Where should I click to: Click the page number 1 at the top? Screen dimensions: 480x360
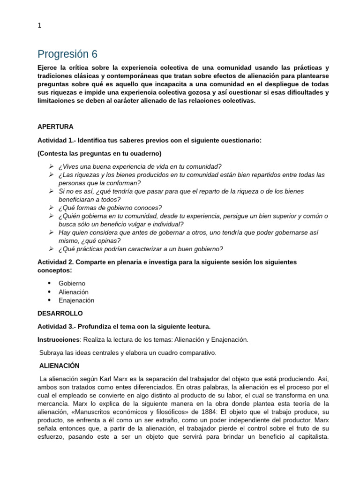39,26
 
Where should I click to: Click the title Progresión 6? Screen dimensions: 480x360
67,53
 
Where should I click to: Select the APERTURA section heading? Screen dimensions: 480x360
55,127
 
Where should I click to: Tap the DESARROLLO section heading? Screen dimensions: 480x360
60,313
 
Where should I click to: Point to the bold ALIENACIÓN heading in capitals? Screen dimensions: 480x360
60,365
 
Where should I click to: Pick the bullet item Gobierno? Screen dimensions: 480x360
72,284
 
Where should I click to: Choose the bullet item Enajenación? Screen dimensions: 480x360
76,300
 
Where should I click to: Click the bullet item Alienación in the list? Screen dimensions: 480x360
74,292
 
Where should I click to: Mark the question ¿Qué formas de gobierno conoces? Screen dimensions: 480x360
110,208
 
